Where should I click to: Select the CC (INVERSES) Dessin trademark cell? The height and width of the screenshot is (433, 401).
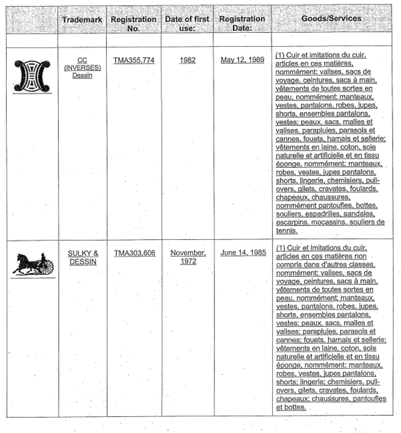tap(83, 67)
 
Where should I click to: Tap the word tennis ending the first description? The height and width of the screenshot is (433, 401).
tap(285, 231)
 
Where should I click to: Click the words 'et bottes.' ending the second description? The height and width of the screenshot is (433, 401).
tap(291, 407)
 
